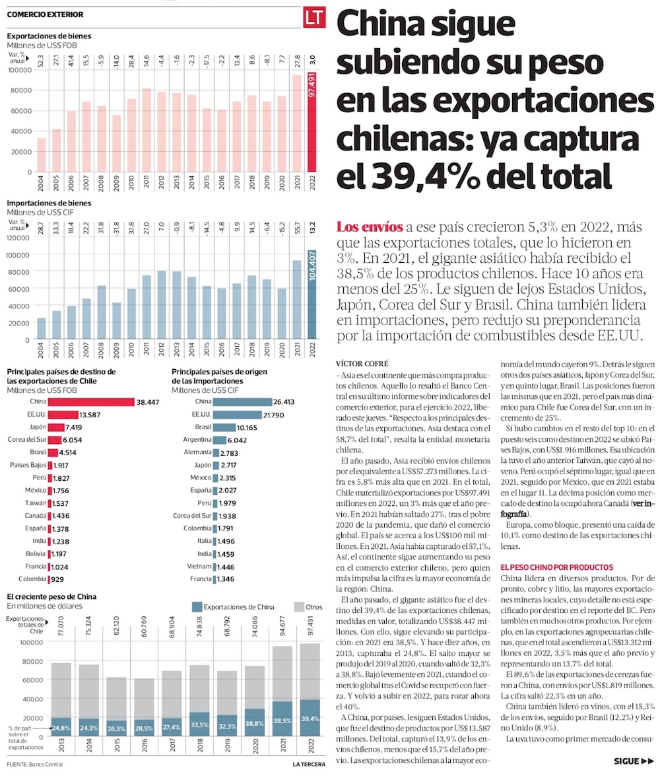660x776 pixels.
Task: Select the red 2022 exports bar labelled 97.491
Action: (x=315, y=122)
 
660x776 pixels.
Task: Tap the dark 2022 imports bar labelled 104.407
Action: (x=315, y=295)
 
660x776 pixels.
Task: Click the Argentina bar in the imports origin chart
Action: (x=218, y=439)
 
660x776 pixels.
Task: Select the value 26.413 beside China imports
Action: (x=288, y=402)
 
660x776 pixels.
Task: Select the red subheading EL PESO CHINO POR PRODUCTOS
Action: (x=557, y=567)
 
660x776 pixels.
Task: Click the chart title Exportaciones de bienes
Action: (x=49, y=36)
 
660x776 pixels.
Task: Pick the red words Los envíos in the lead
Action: (x=369, y=228)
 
